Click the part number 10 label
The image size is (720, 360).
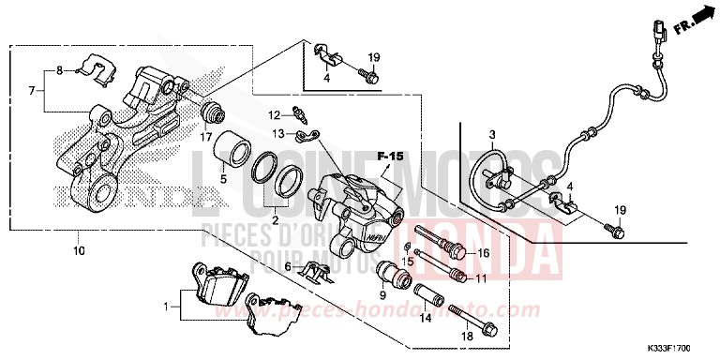78,251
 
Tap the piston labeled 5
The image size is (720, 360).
229,148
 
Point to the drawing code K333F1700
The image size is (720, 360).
682,348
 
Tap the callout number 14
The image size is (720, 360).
424,319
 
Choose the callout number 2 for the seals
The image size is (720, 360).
274,219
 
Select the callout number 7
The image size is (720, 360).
33,91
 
